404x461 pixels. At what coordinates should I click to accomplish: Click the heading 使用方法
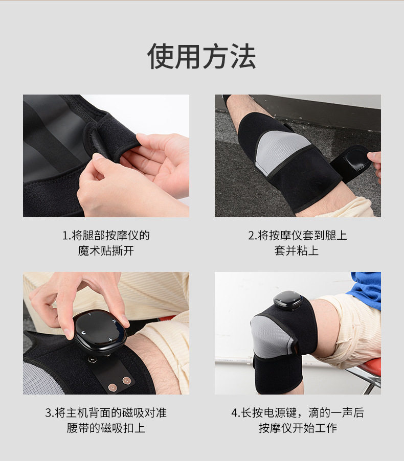[x=201, y=56]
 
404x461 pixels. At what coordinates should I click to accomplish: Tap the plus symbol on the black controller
[x=110, y=340]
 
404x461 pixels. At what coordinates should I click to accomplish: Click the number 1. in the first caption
[x=66, y=236]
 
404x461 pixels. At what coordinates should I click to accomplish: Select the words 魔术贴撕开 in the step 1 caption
[x=106, y=251]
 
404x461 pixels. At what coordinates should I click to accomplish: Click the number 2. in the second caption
[x=252, y=236]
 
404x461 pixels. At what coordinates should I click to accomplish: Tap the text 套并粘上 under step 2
[x=297, y=251]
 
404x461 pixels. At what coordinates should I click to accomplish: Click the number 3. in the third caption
[x=49, y=413]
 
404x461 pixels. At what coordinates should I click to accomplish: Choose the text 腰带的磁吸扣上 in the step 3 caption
[x=106, y=428]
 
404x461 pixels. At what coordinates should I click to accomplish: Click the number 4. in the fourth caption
[x=235, y=413]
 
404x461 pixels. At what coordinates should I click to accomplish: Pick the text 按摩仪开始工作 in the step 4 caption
[x=298, y=428]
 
